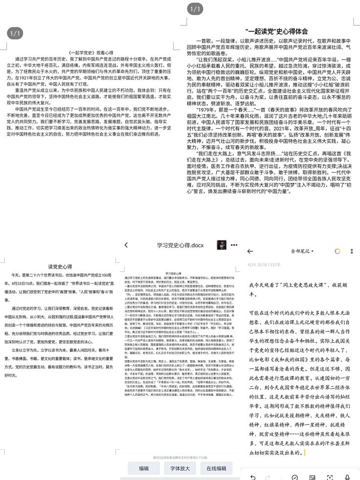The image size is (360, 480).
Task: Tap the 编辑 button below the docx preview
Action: click(x=143, y=468)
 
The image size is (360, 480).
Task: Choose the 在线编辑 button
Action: click(x=216, y=468)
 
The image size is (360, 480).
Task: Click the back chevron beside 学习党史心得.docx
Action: click(x=126, y=245)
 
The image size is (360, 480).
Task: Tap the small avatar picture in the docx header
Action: click(x=222, y=245)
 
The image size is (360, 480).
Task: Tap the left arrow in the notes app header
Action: click(x=250, y=251)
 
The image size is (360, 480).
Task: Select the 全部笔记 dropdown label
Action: click(x=302, y=251)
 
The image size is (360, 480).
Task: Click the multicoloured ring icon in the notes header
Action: click(x=337, y=251)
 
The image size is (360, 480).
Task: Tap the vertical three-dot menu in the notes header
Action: click(x=351, y=251)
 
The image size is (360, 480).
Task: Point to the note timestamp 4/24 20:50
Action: click(x=258, y=264)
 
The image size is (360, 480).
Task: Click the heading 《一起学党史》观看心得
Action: click(x=91, y=52)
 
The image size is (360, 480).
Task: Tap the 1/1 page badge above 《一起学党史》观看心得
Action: click(x=15, y=33)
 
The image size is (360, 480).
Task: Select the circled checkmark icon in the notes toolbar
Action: click(x=295, y=477)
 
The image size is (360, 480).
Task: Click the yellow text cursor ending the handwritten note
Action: click(x=305, y=453)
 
